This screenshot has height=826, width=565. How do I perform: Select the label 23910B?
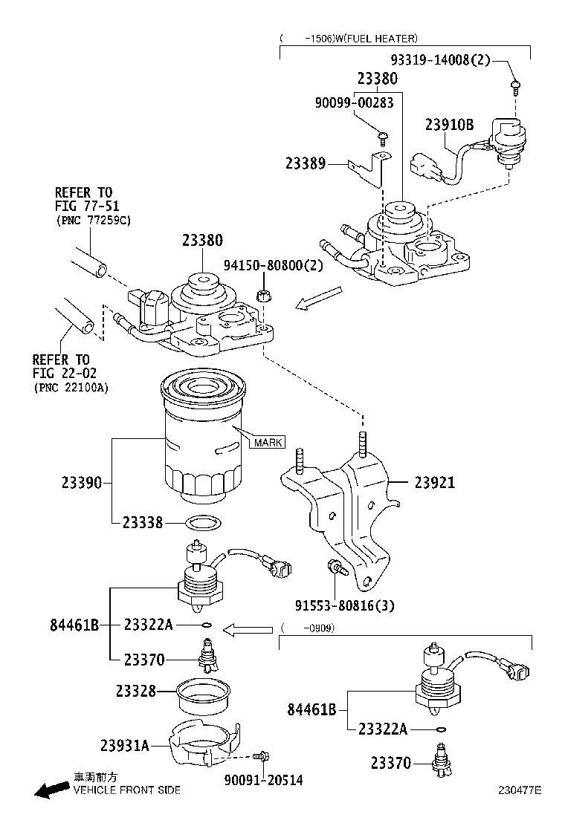point(449,125)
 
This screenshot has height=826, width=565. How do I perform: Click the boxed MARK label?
point(268,443)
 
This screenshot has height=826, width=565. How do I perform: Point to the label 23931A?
point(125,745)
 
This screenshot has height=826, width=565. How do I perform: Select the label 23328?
point(136,691)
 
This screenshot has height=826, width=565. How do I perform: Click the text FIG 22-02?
point(65,374)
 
